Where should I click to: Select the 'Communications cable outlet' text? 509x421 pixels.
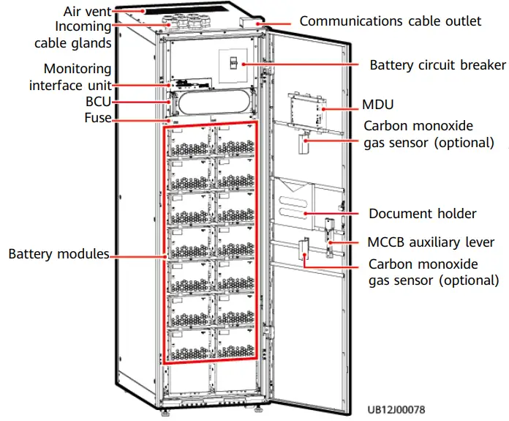390,21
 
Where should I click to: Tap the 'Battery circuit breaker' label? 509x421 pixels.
437,65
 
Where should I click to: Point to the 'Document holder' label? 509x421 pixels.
422,214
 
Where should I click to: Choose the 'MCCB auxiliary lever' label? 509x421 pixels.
431,242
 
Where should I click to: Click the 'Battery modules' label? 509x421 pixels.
59,254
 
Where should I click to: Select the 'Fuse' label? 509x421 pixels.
97,117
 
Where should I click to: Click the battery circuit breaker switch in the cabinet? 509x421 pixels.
234,64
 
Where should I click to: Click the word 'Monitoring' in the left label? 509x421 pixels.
78,69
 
